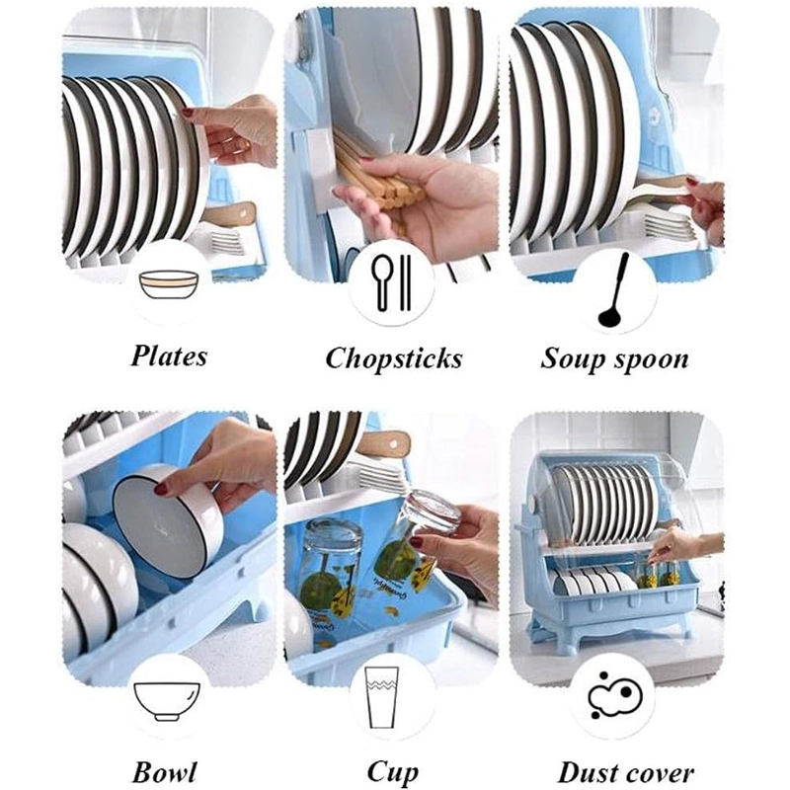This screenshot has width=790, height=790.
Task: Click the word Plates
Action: (x=169, y=355)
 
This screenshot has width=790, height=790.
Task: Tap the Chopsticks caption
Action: (x=393, y=359)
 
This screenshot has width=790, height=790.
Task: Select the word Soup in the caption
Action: (x=569, y=359)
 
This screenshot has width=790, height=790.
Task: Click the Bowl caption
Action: (x=164, y=771)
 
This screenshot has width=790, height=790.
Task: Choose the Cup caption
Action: (x=392, y=772)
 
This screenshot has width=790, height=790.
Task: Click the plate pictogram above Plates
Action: (x=169, y=284)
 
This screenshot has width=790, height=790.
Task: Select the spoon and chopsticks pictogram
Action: (x=392, y=282)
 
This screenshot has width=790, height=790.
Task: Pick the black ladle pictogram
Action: (x=614, y=289)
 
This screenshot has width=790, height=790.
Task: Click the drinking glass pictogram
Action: (x=381, y=698)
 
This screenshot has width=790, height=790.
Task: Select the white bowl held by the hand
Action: (x=168, y=520)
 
